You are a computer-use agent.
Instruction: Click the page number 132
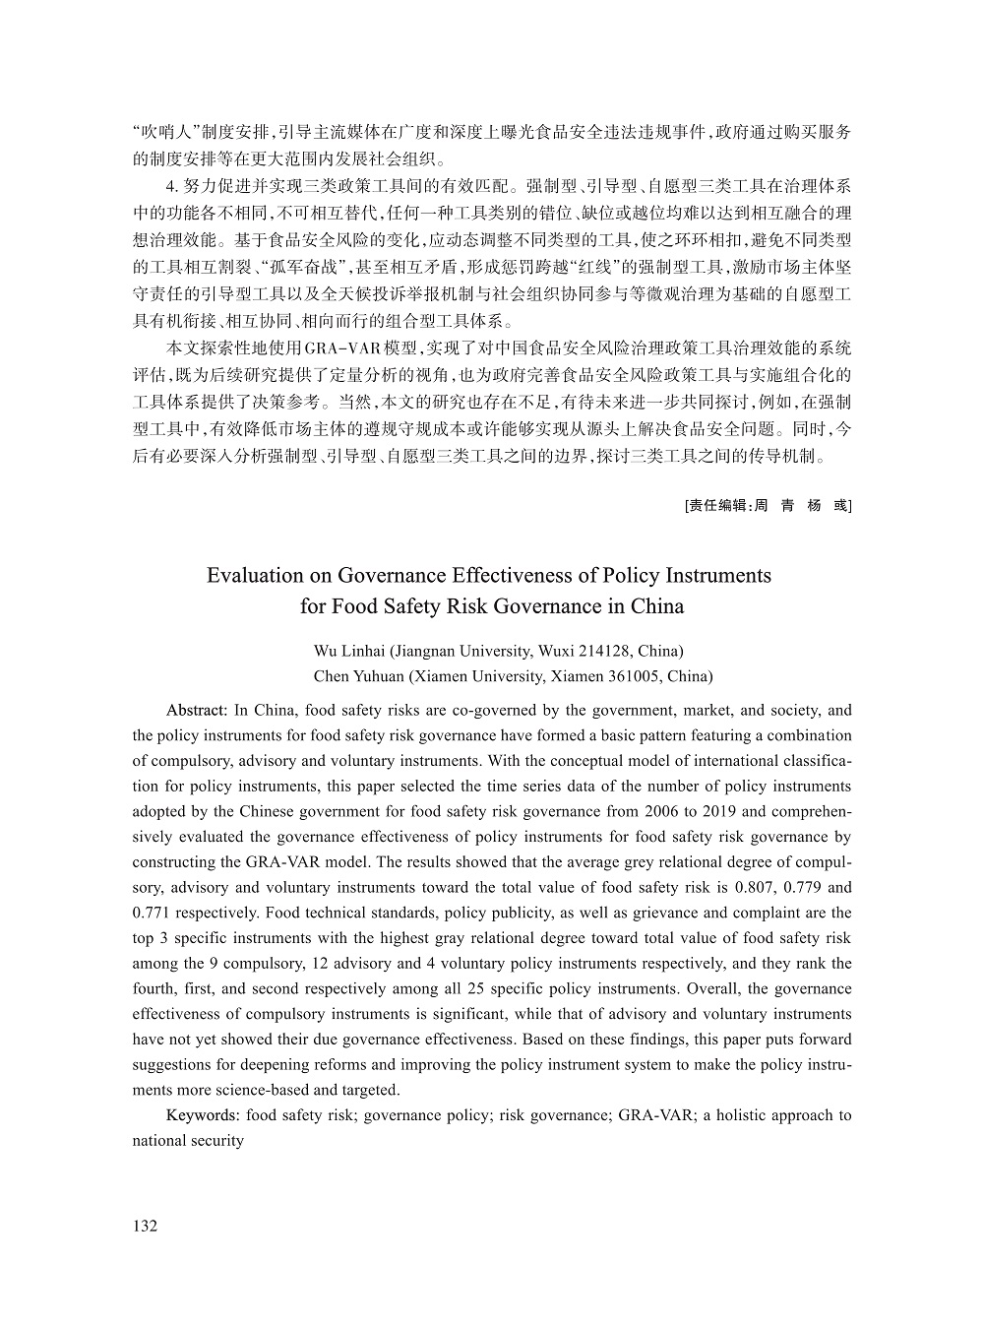(145, 1226)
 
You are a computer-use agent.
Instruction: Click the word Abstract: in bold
(197, 711)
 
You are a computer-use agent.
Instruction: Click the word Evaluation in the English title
(258, 575)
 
